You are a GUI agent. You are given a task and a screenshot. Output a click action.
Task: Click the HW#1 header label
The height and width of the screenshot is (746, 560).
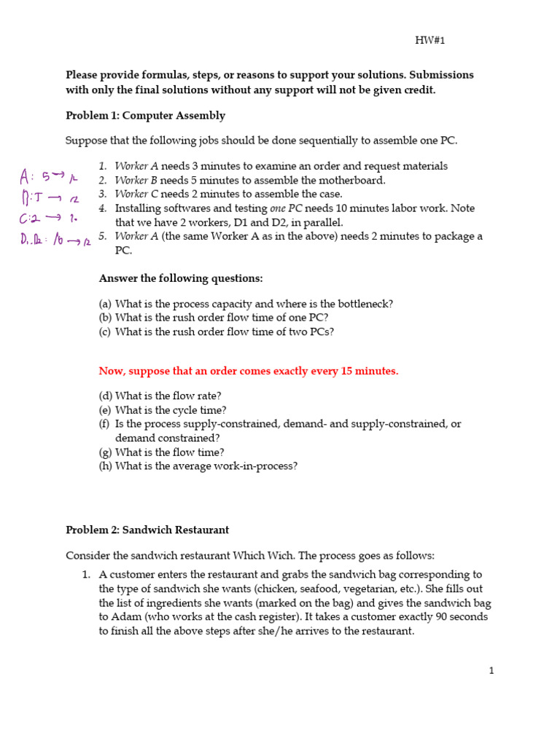(429, 40)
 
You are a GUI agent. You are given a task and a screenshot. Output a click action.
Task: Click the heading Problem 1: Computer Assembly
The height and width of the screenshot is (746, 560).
(145, 116)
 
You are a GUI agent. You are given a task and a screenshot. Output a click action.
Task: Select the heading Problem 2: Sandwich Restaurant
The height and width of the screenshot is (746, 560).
(147, 530)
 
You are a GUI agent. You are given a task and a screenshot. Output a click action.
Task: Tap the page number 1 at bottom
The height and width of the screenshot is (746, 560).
(491, 670)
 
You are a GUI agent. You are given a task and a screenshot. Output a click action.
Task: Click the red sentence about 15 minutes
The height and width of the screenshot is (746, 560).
(249, 371)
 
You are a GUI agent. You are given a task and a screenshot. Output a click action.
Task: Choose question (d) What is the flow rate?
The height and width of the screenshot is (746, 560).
(160, 396)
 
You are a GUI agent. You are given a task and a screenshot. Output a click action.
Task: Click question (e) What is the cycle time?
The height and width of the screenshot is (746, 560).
(163, 410)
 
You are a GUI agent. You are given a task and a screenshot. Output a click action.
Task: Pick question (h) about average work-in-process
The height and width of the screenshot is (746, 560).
(198, 466)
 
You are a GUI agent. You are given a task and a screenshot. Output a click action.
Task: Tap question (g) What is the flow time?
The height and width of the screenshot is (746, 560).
(161, 452)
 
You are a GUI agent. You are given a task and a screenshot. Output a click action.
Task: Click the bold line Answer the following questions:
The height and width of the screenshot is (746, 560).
(180, 278)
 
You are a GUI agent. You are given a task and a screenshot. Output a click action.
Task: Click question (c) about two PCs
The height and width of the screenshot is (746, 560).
(217, 331)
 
